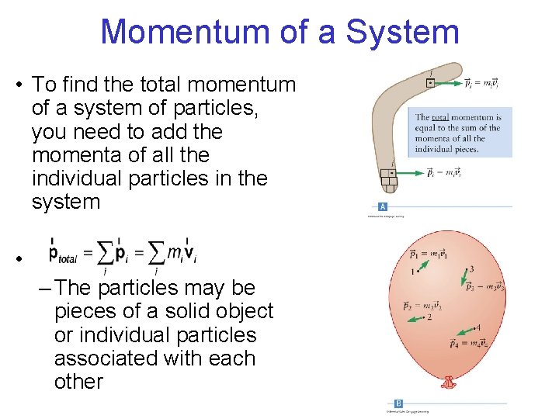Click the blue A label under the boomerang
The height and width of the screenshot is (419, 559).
tap(383, 206)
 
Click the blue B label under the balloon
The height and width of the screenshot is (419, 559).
tap(398, 403)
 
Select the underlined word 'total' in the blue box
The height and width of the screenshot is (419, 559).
tap(441, 117)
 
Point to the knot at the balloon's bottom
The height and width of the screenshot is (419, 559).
tap(448, 383)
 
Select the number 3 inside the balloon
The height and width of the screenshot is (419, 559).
tap(471, 269)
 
